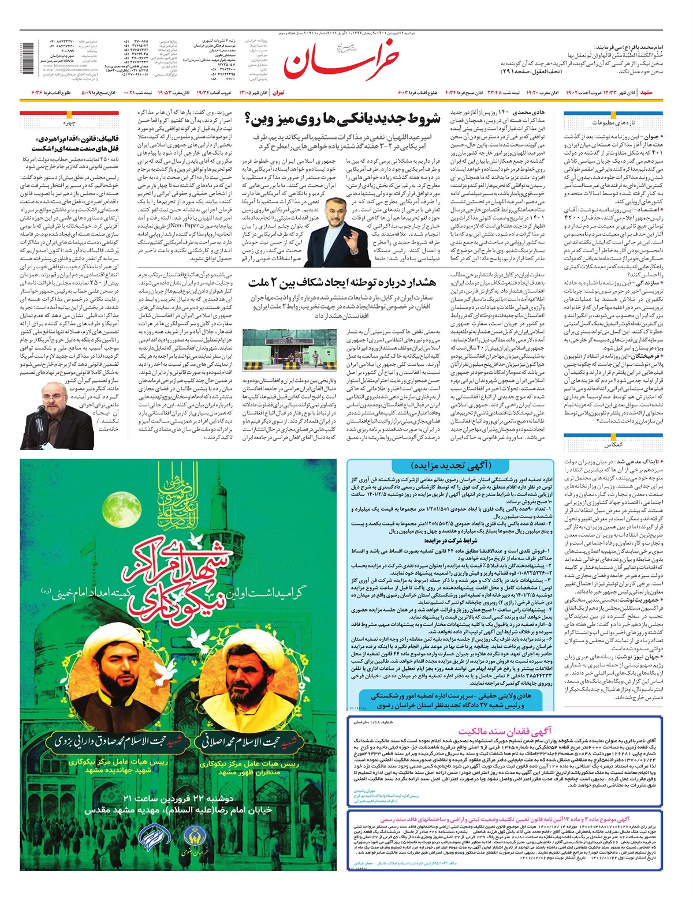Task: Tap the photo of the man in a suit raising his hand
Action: click(338, 227)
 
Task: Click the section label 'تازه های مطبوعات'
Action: click(613, 123)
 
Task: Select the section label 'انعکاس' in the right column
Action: click(613, 446)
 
